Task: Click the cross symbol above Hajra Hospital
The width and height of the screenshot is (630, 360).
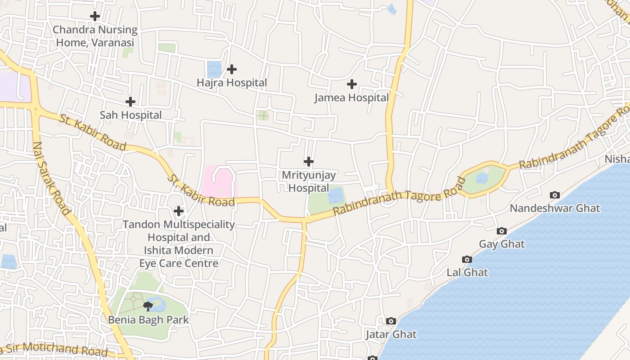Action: coord(232,69)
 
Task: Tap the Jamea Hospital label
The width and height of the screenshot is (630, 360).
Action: coord(351,98)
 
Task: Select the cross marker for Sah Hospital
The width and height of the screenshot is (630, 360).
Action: coord(130,102)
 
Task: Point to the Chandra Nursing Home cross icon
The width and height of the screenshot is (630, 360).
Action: coord(95,17)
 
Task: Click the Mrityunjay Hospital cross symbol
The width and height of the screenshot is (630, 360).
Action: coord(309,162)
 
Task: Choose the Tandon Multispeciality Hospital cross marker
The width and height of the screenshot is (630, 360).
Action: coord(179,211)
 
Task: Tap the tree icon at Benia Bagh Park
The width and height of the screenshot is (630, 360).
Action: coord(148,306)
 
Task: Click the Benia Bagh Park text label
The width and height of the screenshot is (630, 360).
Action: coord(148,320)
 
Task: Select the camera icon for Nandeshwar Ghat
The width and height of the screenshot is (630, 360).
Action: coord(555,195)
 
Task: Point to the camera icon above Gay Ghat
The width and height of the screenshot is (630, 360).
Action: coord(502,231)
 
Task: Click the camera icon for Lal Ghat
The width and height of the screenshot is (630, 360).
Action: coord(467,259)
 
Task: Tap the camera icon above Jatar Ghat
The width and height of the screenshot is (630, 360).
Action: coord(391,321)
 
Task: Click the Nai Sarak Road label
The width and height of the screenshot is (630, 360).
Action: coord(52,179)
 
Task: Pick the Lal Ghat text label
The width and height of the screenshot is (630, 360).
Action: coord(467,272)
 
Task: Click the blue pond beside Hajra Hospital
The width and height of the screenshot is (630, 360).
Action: coord(214,69)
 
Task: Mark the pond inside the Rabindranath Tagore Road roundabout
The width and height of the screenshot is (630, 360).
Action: coord(482,179)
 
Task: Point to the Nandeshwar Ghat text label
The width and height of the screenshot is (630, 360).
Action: coord(555,208)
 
